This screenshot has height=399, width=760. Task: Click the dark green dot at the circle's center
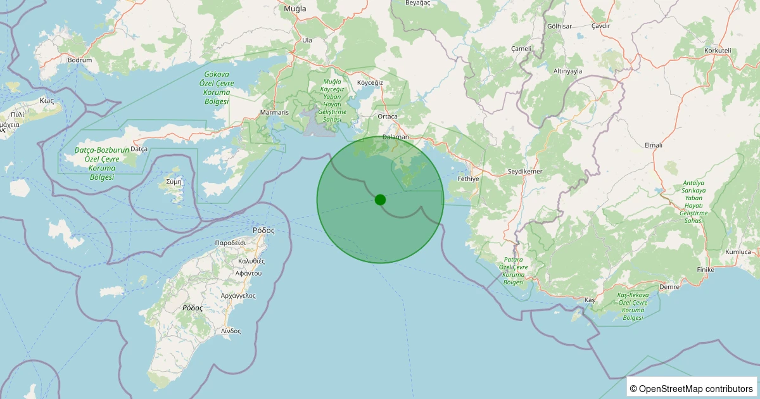380,199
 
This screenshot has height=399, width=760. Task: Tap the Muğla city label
295,9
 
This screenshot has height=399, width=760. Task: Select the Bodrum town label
80,60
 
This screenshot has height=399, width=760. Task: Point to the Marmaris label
274,113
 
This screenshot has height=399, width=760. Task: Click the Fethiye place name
469,179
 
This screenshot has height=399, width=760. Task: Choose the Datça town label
139,149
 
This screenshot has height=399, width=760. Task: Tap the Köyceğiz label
370,83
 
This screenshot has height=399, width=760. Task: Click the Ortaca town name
387,117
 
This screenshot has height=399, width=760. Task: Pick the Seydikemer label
526,172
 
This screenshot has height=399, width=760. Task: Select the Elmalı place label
653,145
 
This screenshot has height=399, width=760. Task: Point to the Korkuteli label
718,50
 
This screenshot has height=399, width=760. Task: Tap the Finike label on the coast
705,270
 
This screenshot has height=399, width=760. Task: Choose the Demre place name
669,287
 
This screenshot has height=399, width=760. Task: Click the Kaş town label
590,299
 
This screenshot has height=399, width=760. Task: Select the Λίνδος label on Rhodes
231,331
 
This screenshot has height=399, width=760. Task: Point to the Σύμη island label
174,180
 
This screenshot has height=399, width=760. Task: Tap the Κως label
46,100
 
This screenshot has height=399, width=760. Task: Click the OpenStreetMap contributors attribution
692,388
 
